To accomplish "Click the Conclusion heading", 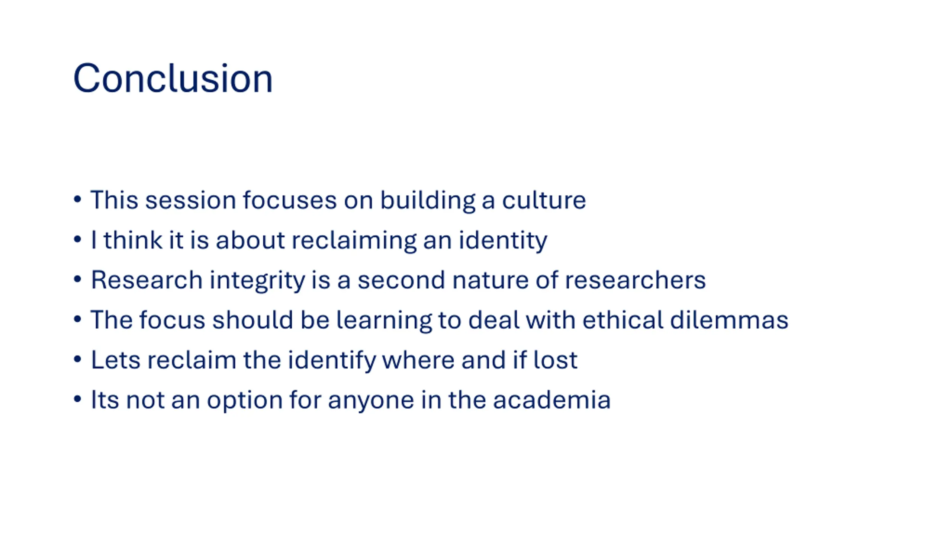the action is pos(173,78).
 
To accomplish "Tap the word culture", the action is pos(544,200).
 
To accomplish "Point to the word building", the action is pos(428,201).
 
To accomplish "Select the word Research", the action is pos(147,280).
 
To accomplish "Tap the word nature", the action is pos(490,281).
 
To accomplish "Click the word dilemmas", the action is pos(729,320).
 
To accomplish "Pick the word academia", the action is pos(552,400).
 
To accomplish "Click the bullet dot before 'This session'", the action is pos(77,199).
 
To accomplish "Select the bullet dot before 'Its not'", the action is pos(77,399).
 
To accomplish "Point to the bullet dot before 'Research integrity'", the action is pos(77,279).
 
